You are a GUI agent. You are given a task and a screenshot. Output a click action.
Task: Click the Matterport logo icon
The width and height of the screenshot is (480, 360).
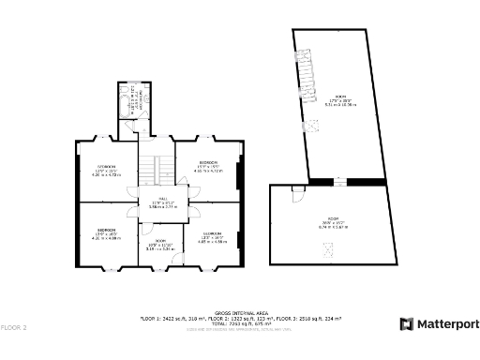pos(406,324)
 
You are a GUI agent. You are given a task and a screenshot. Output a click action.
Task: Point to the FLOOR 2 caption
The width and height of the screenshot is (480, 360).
pos(14,327)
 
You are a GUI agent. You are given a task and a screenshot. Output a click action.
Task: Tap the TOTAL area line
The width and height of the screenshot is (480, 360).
pos(240,323)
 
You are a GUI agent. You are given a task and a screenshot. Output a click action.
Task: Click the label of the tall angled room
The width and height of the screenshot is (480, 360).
pos(340,100)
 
